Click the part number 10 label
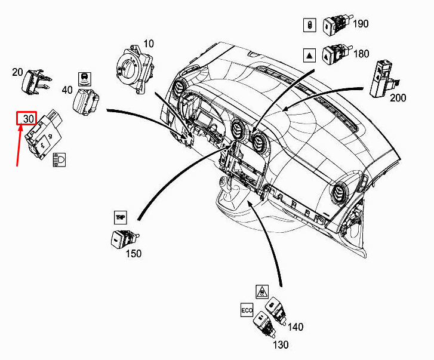(x=149, y=44)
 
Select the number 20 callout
(x=17, y=72)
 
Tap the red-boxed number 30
(x=27, y=118)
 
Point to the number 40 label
(x=67, y=90)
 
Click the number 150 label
(x=134, y=254)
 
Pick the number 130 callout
(x=281, y=345)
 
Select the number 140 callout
(x=296, y=327)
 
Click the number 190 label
(x=361, y=24)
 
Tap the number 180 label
(x=361, y=53)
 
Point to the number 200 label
(x=398, y=98)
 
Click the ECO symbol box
(x=247, y=310)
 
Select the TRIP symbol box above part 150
(x=121, y=217)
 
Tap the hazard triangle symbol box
(x=309, y=56)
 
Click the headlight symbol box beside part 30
(x=59, y=159)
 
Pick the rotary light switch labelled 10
(x=135, y=68)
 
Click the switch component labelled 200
(x=383, y=79)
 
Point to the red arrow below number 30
(x=19, y=146)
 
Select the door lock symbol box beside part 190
(x=309, y=25)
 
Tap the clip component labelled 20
(x=36, y=82)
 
